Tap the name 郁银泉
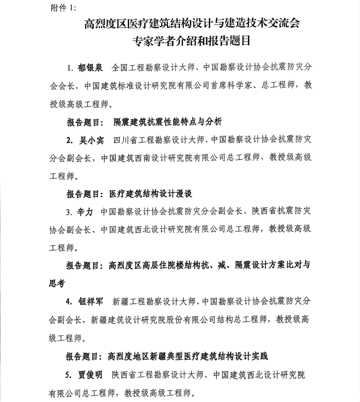pyautogui.click(x=90, y=68)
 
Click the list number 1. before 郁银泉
pyautogui.click(x=70, y=68)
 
